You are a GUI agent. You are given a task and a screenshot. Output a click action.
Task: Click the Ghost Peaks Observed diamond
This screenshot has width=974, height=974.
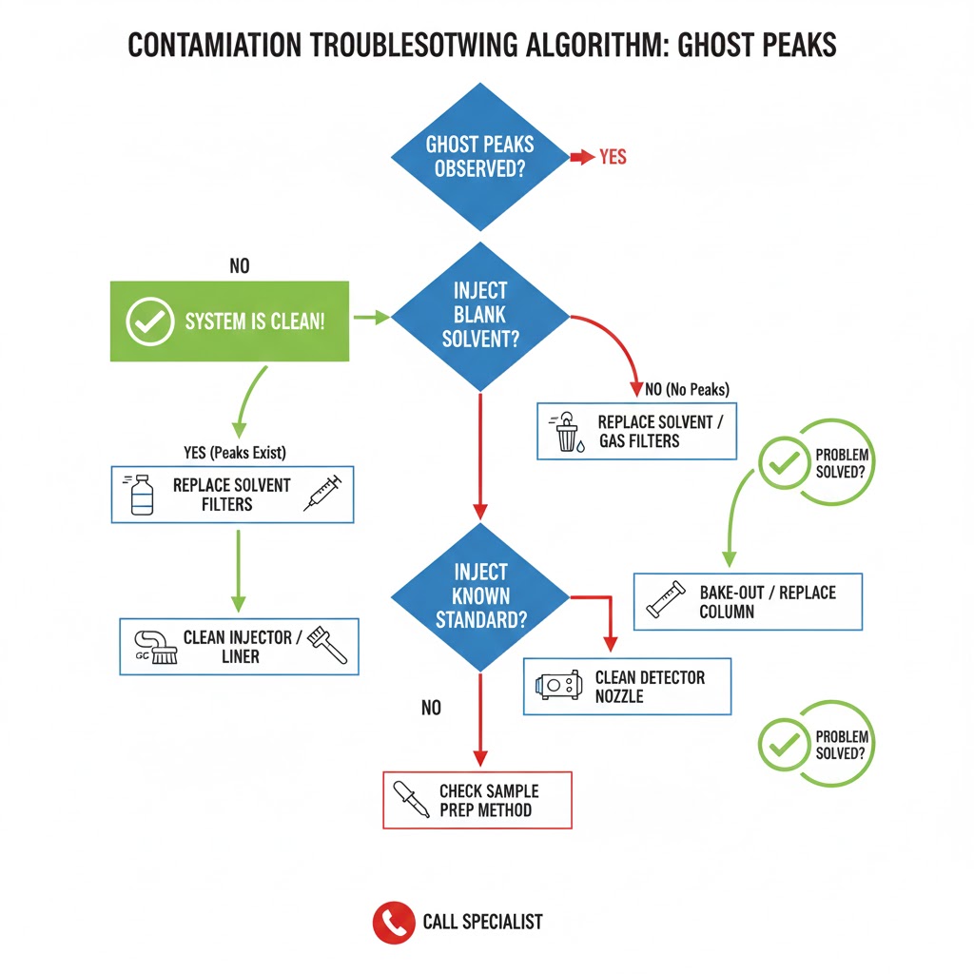pyautogui.click(x=482, y=157)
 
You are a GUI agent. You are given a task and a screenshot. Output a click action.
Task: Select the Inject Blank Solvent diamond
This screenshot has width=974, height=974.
pyautogui.click(x=480, y=315)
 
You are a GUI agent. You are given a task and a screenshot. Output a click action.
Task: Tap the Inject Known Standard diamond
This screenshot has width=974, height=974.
pyautogui.click(x=480, y=596)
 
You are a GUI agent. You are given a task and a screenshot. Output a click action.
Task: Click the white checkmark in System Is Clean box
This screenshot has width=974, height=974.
pyautogui.click(x=149, y=321)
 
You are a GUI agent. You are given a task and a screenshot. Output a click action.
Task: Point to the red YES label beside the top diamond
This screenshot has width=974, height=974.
pyautogui.click(x=613, y=157)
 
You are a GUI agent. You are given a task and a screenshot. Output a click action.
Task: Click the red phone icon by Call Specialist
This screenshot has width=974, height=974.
pyautogui.click(x=393, y=922)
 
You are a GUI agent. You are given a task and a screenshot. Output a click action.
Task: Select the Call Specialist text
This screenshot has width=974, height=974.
pyautogui.click(x=482, y=922)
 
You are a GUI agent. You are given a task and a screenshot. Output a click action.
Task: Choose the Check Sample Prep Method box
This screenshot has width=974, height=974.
pyautogui.click(x=477, y=800)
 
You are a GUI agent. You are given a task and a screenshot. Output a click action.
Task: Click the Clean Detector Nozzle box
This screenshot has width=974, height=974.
pyautogui.click(x=628, y=687)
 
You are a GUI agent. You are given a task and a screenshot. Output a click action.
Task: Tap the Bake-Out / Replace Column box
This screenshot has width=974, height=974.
pyautogui.click(x=748, y=601)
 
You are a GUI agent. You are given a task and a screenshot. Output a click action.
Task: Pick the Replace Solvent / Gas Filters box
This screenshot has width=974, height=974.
pyautogui.click(x=636, y=431)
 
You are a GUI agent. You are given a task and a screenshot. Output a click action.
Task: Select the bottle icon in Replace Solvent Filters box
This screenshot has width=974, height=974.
pyautogui.click(x=141, y=495)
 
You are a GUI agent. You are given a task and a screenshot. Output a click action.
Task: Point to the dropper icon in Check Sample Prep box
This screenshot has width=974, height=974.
pyautogui.click(x=406, y=801)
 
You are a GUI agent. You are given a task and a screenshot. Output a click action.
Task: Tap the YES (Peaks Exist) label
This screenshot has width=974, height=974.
pyautogui.click(x=234, y=452)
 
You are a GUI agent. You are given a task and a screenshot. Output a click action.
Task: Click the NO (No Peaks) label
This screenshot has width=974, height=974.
pyautogui.click(x=687, y=389)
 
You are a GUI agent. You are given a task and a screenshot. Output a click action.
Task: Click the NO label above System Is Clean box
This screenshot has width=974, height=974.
pyautogui.click(x=239, y=266)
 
